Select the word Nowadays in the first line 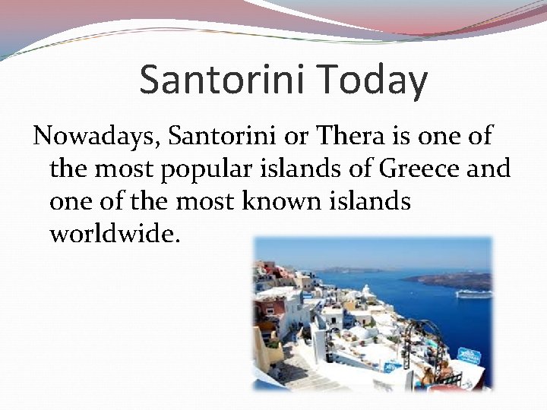click(96, 137)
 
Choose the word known click(292, 202)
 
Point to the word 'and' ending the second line click(488, 169)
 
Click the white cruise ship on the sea click(473, 293)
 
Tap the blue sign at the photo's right click(469, 355)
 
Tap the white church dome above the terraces click(365, 289)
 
